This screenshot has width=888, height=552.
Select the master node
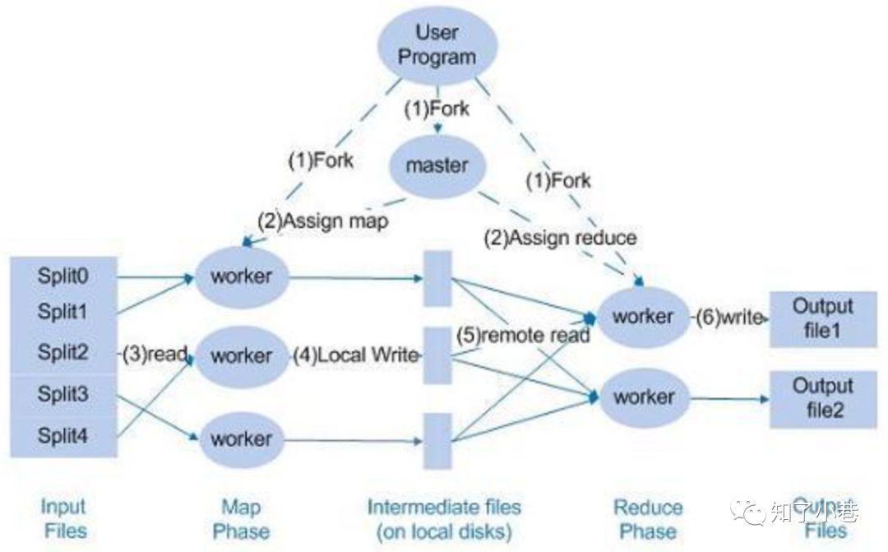pyautogui.click(x=437, y=165)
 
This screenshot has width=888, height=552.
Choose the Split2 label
pyautogui.click(x=63, y=353)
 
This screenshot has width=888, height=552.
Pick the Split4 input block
pyautogui.click(x=63, y=436)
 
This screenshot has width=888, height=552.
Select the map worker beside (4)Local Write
pyautogui.click(x=242, y=356)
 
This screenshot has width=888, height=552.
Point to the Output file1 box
pyautogui.click(x=823, y=318)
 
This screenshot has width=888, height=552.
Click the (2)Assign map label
pyautogui.click(x=322, y=221)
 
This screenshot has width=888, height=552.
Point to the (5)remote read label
pyautogui.click(x=524, y=335)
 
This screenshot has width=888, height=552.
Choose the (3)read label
pyautogui.click(x=155, y=354)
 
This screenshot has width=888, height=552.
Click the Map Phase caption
pyautogui.click(x=241, y=518)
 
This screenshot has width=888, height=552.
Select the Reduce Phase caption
pyautogui.click(x=648, y=518)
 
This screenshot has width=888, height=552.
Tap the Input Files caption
pyautogui.click(x=63, y=518)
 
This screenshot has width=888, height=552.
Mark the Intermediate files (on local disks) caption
pyautogui.click(x=444, y=518)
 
